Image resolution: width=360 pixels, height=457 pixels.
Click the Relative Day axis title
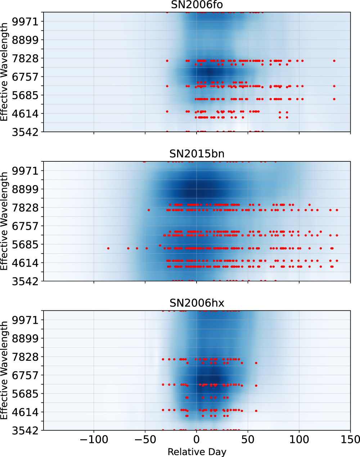tap(197, 452)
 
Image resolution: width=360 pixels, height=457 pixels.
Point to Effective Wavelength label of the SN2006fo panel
tap(4, 72)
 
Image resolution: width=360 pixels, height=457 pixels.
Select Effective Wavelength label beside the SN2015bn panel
tap(4, 221)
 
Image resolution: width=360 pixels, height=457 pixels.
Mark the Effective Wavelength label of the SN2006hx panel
tap(4, 370)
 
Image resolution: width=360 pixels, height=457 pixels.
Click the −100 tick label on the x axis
tap(94, 439)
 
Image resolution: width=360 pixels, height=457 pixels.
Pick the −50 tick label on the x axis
tap(145, 439)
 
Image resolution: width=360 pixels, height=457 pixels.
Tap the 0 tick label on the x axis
tap(197, 439)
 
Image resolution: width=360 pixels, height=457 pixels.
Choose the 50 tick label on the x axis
tap(248, 439)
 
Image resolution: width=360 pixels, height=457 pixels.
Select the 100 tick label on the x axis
tap(299, 439)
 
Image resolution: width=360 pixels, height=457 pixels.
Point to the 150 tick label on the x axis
tap(350, 439)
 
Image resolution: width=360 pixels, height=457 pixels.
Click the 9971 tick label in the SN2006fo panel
tap(25, 22)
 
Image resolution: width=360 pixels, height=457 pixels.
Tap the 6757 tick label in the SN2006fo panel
tap(25, 77)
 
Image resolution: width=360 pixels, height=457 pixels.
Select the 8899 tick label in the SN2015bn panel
tap(25, 189)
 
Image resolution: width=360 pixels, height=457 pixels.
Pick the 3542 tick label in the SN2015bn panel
tap(25, 281)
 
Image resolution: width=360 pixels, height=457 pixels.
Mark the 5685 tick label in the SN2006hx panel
tap(25, 394)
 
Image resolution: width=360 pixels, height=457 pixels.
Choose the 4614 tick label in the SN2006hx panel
tap(25, 412)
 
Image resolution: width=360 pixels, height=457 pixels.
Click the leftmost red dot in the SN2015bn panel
tap(108, 248)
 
